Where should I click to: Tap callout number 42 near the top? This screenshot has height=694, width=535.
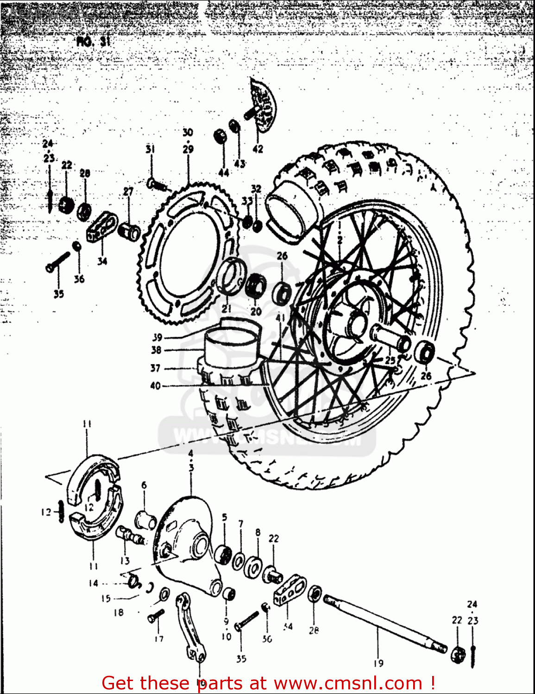click(x=258, y=149)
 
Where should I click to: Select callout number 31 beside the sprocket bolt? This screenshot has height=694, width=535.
click(x=150, y=149)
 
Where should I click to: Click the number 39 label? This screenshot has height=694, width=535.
click(x=157, y=337)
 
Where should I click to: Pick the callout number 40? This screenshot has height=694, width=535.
click(x=155, y=385)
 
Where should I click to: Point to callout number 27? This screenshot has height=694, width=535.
click(x=128, y=192)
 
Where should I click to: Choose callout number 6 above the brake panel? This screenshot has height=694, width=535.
click(x=144, y=485)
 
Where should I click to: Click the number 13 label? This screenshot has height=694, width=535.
click(x=125, y=561)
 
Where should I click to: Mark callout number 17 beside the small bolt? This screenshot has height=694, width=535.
click(x=159, y=639)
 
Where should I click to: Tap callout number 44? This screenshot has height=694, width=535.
click(x=224, y=173)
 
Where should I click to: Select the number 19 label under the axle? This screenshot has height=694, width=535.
click(x=378, y=663)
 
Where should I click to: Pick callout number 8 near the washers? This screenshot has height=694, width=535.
click(x=258, y=533)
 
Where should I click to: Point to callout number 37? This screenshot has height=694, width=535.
click(x=155, y=368)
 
